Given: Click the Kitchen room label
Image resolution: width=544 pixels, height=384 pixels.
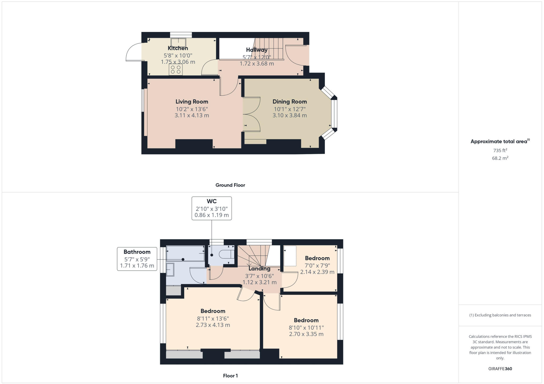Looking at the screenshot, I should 178,48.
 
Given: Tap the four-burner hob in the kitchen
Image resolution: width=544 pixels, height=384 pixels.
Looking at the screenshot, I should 176,69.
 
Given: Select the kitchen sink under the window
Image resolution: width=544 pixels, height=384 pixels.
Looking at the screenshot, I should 178,42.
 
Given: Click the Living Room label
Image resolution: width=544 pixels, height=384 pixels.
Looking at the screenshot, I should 192,102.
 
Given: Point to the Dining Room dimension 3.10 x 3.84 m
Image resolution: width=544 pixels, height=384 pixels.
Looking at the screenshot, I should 290,115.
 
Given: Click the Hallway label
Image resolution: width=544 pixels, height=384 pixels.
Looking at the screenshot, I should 257,50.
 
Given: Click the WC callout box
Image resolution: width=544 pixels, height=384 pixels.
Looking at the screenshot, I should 212,208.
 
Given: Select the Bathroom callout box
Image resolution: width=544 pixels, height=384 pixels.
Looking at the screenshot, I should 137,259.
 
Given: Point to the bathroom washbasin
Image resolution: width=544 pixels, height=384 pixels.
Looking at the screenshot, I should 170,270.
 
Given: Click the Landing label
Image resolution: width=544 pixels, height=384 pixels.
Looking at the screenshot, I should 259,269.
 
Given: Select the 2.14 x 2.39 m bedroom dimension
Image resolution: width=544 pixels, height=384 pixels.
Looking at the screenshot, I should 317,272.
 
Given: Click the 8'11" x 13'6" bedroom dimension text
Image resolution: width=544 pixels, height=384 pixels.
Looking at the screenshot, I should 213,318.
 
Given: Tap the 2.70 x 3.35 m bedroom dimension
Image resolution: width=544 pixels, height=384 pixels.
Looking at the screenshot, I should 306,334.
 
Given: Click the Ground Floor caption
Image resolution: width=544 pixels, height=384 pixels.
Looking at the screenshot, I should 230,185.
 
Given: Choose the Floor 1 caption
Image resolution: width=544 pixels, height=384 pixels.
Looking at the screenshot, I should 230,376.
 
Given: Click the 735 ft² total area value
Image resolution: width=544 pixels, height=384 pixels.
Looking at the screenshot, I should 500,150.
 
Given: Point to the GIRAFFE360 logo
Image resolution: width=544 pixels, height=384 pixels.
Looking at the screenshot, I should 500,369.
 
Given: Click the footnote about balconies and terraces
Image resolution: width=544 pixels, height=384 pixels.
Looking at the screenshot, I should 500,315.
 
